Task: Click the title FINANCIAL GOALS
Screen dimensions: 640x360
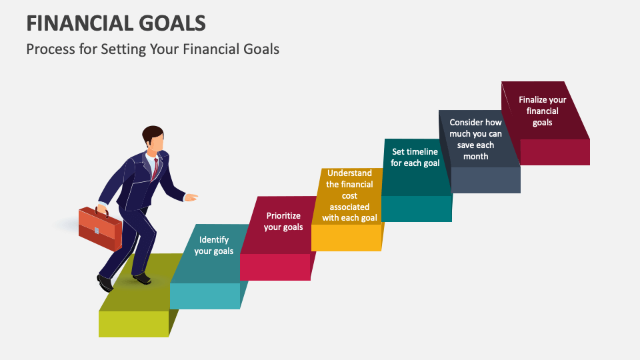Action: click(x=116, y=23)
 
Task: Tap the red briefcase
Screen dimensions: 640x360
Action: click(x=100, y=229)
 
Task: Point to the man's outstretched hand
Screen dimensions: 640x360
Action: click(x=191, y=197)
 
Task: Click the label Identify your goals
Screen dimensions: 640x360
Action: click(x=214, y=245)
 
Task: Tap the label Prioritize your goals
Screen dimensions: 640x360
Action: click(x=283, y=221)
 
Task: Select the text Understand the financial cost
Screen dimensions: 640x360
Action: click(x=349, y=185)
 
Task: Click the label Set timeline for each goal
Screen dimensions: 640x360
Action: click(x=415, y=157)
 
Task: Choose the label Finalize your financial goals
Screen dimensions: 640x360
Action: click(x=543, y=111)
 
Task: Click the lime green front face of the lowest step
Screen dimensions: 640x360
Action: click(x=133, y=324)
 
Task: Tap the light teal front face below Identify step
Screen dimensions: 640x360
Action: click(x=205, y=296)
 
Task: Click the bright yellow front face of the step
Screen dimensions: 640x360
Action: click(x=346, y=237)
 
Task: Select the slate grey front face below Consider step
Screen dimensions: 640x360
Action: click(x=486, y=180)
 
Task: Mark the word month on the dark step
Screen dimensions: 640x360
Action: click(x=475, y=156)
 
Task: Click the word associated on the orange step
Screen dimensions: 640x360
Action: click(x=349, y=207)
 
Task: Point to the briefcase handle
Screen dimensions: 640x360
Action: click(x=101, y=211)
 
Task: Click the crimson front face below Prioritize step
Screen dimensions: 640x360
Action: click(x=275, y=267)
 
